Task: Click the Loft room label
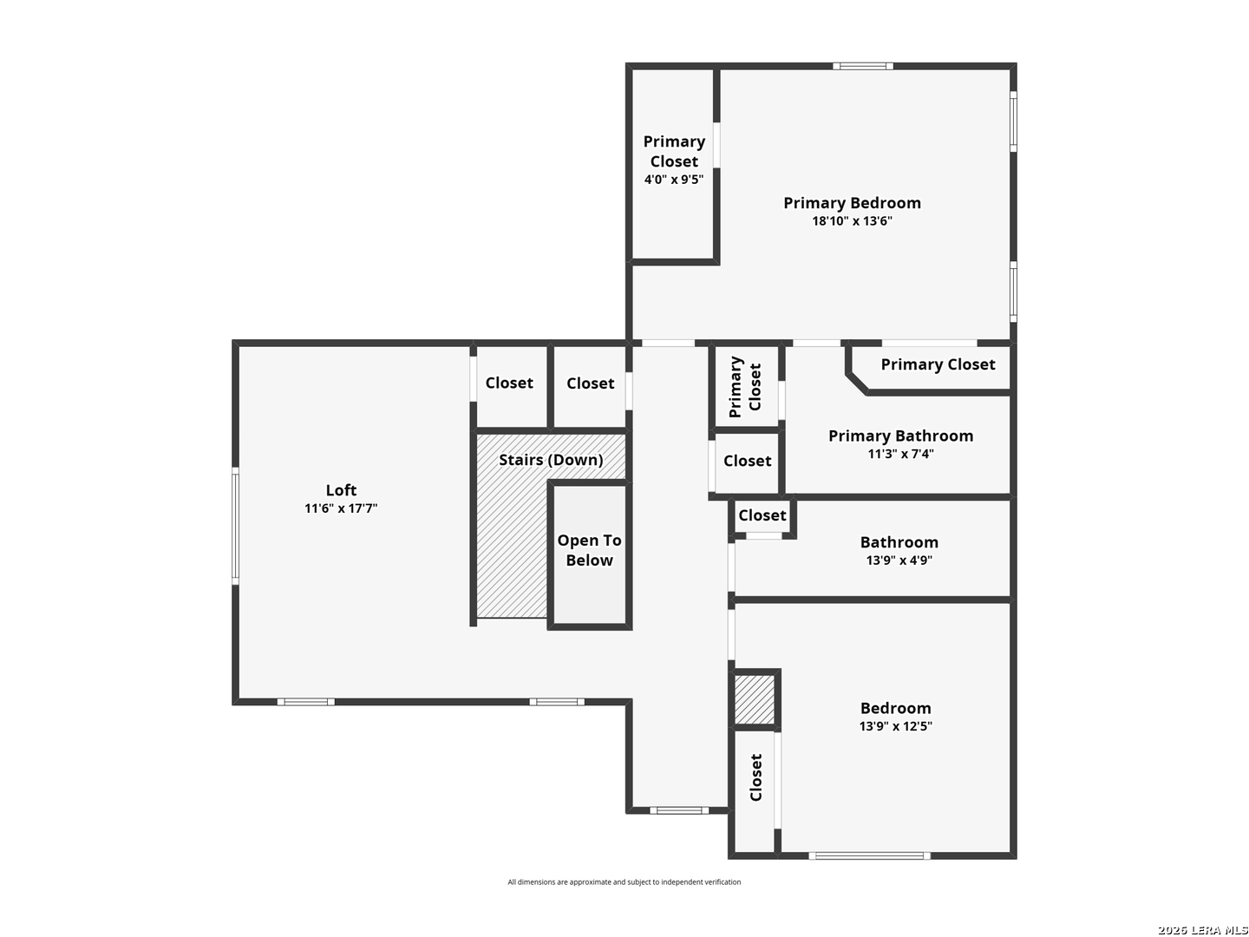coord(341,490)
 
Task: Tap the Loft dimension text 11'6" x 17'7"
coord(341,508)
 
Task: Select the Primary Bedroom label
coord(852,203)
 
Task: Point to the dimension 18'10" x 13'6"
coord(852,220)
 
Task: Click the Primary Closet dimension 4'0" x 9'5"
coord(674,180)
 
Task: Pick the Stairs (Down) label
coord(551,460)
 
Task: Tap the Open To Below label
coord(589,550)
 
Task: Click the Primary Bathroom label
coord(901,436)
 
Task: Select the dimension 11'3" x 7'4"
coord(901,454)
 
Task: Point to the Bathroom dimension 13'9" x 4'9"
coord(899,560)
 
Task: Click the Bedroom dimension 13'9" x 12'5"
coord(896,726)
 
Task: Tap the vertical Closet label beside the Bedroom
coord(755,777)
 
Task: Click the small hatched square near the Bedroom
coord(755,699)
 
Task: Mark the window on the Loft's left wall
coord(235,527)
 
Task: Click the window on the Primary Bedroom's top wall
coord(863,66)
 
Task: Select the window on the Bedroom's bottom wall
coord(869,855)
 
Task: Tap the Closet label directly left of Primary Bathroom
coord(747,460)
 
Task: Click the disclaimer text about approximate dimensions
coord(624,881)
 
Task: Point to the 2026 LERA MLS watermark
coord(1202,930)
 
